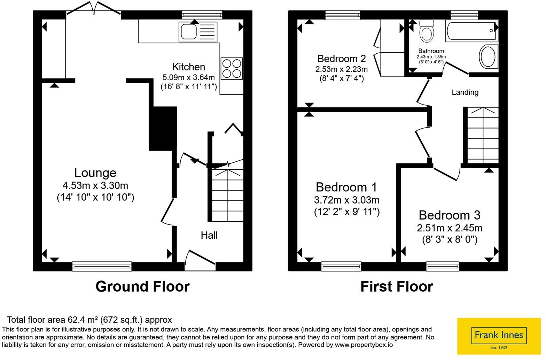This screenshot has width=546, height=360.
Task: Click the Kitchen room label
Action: click(188, 67)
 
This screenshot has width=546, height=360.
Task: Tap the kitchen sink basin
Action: click(189, 32)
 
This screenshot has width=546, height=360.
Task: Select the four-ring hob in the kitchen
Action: click(232, 69)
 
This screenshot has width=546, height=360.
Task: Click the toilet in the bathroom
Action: click(427, 31)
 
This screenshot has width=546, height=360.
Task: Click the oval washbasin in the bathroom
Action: click(488, 56)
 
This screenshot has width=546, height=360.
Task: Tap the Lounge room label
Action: click(95, 173)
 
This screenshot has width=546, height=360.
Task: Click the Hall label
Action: click(209, 235)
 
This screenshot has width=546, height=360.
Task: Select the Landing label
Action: click(465, 92)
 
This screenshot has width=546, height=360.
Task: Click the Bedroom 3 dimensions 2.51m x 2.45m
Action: click(450, 228)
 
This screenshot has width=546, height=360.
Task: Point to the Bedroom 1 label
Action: click(346, 187)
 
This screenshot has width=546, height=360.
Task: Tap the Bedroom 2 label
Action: click(342, 59)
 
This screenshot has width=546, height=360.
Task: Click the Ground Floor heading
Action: click(143, 286)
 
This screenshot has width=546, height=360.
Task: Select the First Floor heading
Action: click(397, 286)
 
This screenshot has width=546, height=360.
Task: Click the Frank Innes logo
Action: click(499, 336)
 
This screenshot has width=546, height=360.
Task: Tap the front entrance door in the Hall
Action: click(200, 260)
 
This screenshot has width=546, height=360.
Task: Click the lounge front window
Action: click(102, 266)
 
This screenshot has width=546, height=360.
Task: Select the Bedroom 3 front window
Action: click(443, 266)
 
